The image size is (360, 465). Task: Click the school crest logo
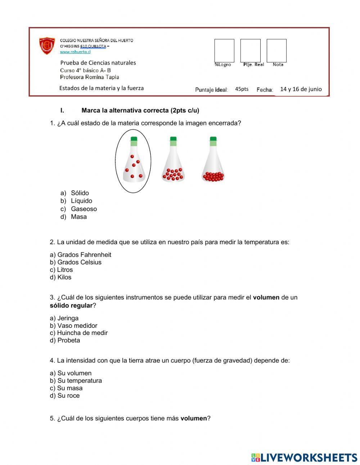click(x=47, y=46)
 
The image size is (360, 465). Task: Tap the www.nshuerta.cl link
click(x=75, y=52)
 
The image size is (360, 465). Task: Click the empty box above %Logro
click(x=224, y=50)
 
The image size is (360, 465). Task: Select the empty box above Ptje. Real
click(x=250, y=50)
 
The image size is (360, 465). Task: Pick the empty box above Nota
click(x=276, y=50)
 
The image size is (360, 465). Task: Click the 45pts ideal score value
click(x=242, y=89)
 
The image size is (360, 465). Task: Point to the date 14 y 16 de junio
click(x=301, y=89)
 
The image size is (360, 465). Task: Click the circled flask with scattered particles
click(x=133, y=161)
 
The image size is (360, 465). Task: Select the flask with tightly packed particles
click(x=213, y=160)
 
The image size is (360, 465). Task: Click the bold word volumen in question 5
click(x=193, y=419)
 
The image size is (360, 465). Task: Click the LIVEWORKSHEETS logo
click(x=304, y=457)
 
